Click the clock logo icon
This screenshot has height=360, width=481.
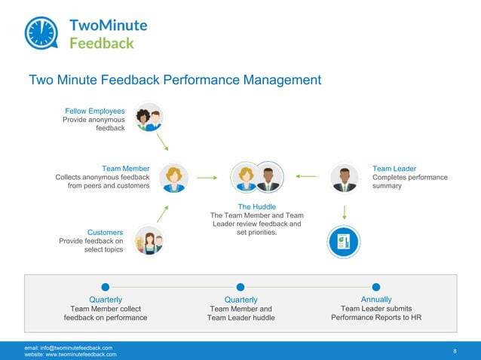click(43, 32)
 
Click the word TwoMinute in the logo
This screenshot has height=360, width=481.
click(108, 25)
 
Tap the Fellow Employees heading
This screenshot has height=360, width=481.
click(94, 111)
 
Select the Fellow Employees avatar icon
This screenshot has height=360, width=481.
click(148, 117)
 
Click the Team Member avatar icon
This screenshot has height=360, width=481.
click(174, 178)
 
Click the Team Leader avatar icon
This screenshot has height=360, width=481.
click(345, 178)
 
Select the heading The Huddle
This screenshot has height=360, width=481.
click(257, 206)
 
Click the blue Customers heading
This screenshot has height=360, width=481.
click(105, 232)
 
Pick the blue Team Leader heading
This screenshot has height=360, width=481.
click(394, 168)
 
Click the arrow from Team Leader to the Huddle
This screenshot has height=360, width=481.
click(306, 177)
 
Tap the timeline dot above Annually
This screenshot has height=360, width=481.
click(375, 286)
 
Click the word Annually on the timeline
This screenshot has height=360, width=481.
click(375, 300)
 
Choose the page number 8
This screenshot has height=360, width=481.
click(455, 351)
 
